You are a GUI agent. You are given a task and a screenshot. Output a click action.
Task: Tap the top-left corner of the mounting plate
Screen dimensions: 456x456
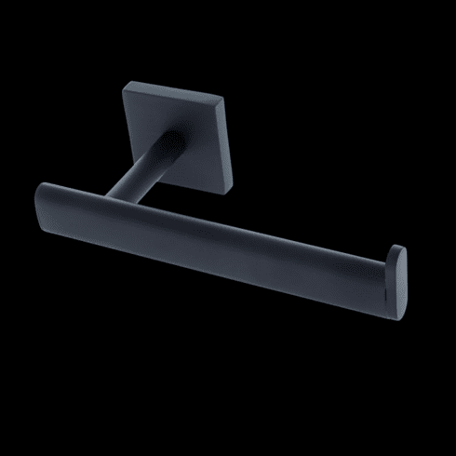point(126,84)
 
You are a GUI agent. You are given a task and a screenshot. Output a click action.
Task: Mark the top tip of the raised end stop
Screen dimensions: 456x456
point(399,247)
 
